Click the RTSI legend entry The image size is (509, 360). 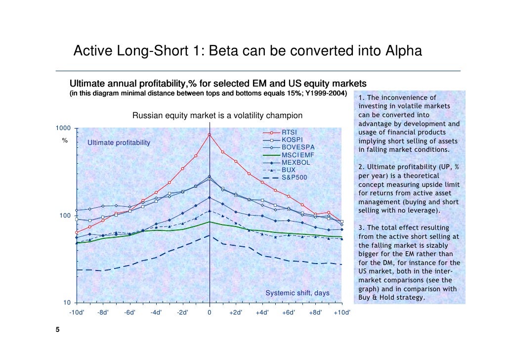click(290, 133)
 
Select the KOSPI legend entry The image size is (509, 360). click(292, 140)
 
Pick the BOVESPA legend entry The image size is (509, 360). click(297, 147)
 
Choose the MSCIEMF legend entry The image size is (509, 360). click(297, 155)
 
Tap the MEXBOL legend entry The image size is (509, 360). click(296, 162)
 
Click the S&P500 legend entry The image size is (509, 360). click(294, 177)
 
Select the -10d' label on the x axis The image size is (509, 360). click(76, 313)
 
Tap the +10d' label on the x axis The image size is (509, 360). click(341, 313)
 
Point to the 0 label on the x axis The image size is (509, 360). click(210, 313)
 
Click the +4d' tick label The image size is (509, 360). click(262, 313)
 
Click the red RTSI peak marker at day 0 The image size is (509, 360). click(210, 135)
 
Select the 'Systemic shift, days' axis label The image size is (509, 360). click(297, 293)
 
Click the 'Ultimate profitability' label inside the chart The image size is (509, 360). click(119, 143)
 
